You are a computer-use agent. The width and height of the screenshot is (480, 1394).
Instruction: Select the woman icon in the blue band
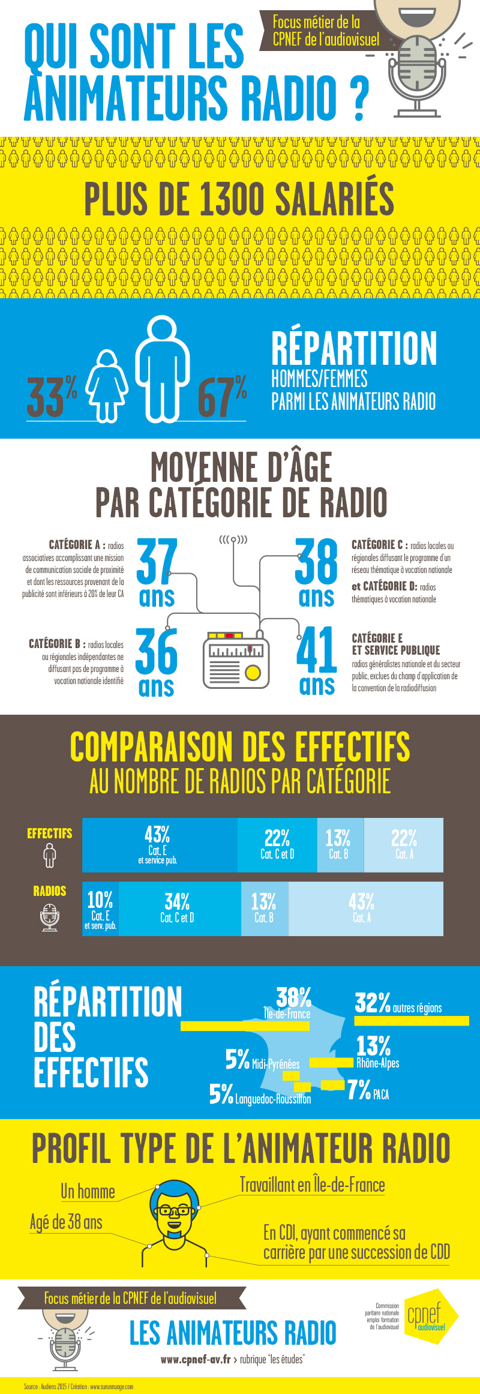107,385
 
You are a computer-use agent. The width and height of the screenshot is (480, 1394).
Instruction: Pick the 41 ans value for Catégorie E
317,659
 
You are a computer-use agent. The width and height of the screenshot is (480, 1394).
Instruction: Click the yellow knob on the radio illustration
253,673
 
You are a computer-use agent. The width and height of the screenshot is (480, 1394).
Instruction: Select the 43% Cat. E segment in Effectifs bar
158,844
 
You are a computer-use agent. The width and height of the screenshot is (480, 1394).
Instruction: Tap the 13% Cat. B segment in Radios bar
264,908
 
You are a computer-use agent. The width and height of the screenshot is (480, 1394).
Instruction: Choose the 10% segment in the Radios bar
100,908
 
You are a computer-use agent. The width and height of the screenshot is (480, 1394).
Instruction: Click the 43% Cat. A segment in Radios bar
362,908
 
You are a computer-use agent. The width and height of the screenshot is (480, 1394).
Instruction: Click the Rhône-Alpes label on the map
377,1063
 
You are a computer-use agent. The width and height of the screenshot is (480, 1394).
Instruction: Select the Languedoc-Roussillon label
273,1099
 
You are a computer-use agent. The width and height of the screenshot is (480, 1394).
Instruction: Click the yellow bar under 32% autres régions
411,1021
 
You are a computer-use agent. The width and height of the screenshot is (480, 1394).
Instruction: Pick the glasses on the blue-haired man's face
175,1210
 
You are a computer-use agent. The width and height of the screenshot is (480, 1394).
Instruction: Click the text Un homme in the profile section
88,1191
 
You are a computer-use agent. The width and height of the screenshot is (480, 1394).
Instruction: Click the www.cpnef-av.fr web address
196,1359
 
